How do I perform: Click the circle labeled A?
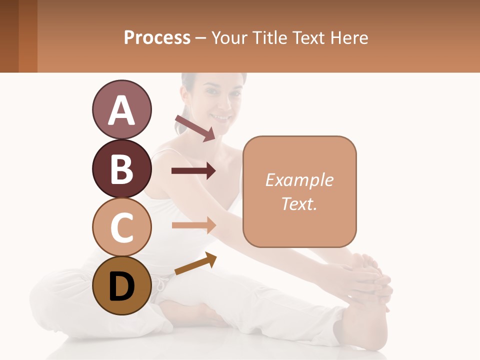(121, 109)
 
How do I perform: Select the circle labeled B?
(121, 168)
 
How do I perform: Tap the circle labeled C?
(121, 227)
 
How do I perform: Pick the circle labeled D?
(121, 285)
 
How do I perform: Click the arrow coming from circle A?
(195, 128)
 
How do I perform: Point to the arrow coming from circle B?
(193, 171)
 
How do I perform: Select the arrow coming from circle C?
(193, 225)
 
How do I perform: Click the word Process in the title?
(157, 37)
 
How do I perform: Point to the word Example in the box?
(299, 180)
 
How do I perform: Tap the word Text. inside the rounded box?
(299, 203)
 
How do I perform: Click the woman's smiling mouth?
(220, 118)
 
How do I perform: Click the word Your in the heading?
(228, 37)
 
